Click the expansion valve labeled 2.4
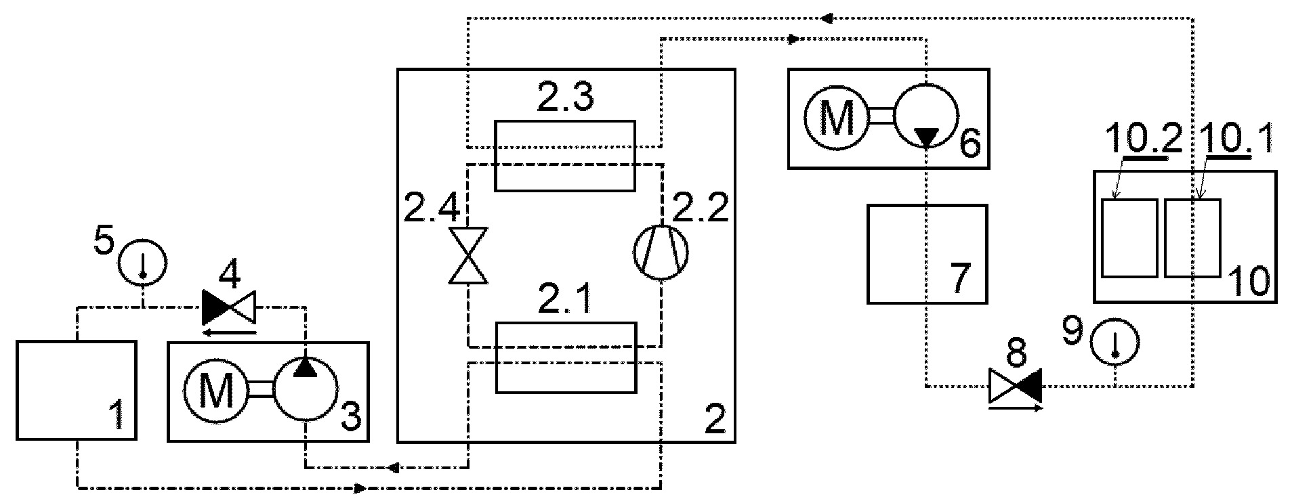point(468,255)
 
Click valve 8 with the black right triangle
point(1015,386)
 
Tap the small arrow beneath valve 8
point(1016,408)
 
